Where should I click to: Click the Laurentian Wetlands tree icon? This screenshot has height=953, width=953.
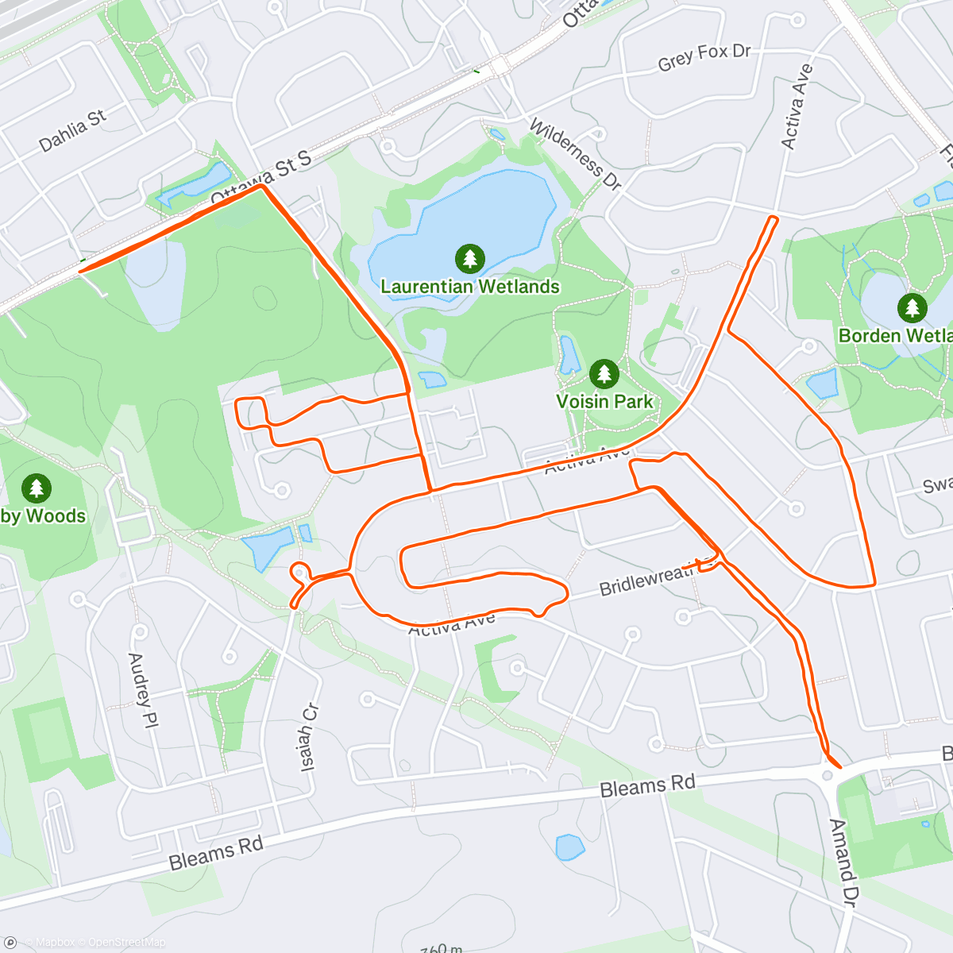pos(470,257)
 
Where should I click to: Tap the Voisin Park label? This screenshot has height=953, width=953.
pos(604,401)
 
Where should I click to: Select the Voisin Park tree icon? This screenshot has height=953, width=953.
pos(604,372)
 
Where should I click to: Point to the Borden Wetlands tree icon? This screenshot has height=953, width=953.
pos(912,307)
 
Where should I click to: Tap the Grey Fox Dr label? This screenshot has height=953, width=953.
pos(704,56)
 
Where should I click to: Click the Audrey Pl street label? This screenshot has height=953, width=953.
pos(140,690)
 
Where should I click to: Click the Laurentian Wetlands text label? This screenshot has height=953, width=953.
pos(470,287)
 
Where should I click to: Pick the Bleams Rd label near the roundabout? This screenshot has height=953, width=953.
pos(647,786)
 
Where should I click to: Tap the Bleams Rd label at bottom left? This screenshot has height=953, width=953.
pos(216,853)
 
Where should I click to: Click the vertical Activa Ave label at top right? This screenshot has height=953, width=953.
pos(797,106)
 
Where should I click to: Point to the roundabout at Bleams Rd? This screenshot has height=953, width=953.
pos(828,775)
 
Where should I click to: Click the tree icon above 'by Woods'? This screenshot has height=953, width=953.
pos(36,488)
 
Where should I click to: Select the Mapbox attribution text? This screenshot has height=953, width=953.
pos(55,943)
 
